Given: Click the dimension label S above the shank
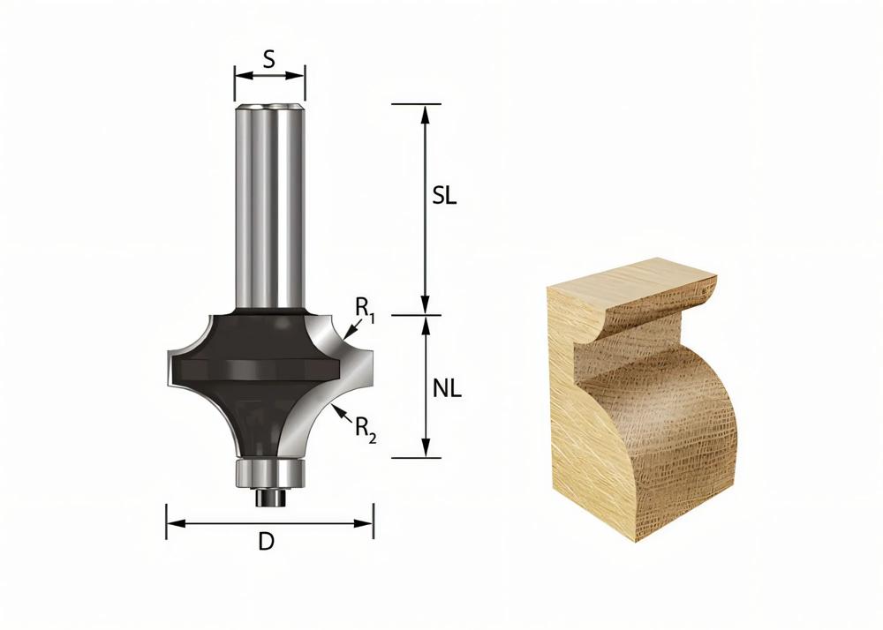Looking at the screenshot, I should pyautogui.click(x=269, y=59).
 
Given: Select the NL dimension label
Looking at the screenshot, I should pyautogui.click(x=447, y=388).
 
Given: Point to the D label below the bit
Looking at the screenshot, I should pyautogui.click(x=266, y=543).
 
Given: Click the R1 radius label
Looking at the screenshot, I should pyautogui.click(x=366, y=308).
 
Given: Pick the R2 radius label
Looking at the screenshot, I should pyautogui.click(x=366, y=429).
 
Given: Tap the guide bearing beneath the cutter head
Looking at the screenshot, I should pyautogui.click(x=269, y=471).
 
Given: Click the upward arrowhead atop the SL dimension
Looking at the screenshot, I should pyautogui.click(x=426, y=111).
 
